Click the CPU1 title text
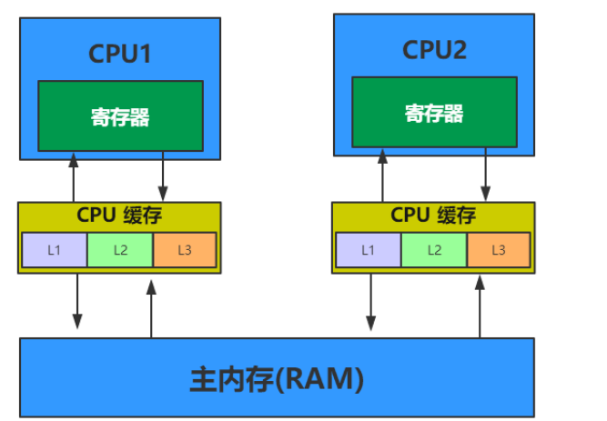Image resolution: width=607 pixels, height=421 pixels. [119, 54]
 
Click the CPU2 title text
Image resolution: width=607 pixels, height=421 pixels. [434, 50]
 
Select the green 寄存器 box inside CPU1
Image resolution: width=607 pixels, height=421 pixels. [120, 115]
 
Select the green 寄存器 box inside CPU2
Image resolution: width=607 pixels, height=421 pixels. [434, 112]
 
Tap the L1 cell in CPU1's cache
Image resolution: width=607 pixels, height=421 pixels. [55, 249]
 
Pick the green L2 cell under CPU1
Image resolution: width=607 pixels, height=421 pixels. [120, 249]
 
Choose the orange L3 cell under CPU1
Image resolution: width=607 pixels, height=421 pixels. [185, 249]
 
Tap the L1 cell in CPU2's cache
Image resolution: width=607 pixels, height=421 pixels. [369, 249]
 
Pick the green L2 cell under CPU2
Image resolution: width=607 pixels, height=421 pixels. [434, 249]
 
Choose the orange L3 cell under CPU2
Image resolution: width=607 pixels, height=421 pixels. [499, 249]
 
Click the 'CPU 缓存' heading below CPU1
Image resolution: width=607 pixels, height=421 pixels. [119, 216]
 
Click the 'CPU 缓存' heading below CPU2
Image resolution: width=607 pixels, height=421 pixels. [433, 216]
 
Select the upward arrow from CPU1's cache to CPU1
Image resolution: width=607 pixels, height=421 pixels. [74, 176]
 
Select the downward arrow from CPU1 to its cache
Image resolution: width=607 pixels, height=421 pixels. [163, 176]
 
